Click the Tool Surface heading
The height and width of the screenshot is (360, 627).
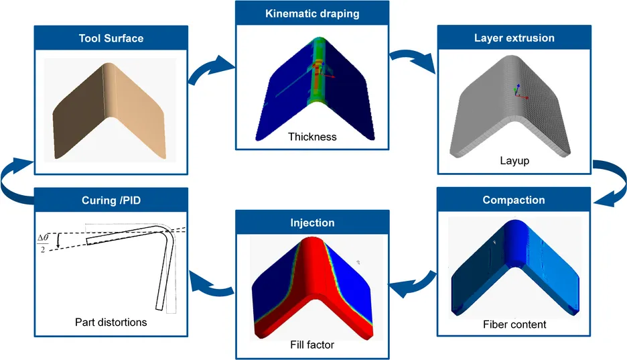pyautogui.click(x=111, y=38)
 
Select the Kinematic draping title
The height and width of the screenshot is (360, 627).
pyautogui.click(x=312, y=13)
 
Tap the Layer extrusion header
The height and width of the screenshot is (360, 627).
pyautogui.click(x=514, y=38)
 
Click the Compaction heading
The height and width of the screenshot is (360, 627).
pyautogui.click(x=514, y=200)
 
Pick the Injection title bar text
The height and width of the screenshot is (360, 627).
pyautogui.click(x=312, y=223)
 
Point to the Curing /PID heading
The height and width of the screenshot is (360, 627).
pyautogui.click(x=111, y=200)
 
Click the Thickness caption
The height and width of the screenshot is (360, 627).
pyautogui.click(x=312, y=137)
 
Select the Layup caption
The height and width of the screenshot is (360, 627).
pyautogui.click(x=514, y=161)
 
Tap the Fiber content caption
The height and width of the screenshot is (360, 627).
pyautogui.click(x=514, y=324)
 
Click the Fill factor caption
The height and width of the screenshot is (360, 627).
pyautogui.click(x=312, y=345)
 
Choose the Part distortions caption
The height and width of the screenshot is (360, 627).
pyautogui.click(x=111, y=322)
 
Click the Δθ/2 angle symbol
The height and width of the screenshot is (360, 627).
pyautogui.click(x=43, y=243)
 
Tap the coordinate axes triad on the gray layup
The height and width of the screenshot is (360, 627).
pyautogui.click(x=520, y=93)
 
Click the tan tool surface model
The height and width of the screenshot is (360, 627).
pyautogui.click(x=109, y=111)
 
